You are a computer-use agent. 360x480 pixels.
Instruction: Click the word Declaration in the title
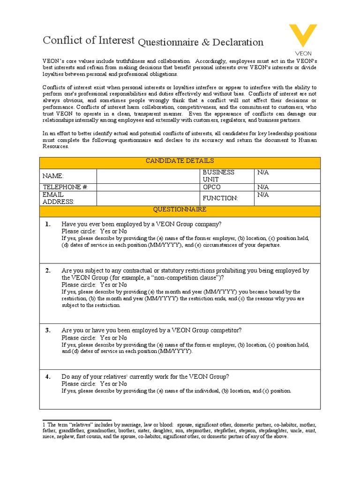tap(238, 42)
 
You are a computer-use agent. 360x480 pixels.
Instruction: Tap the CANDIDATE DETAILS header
tap(180, 161)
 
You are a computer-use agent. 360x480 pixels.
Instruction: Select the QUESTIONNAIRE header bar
tap(180, 210)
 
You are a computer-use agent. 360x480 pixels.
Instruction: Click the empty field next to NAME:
tap(148, 176)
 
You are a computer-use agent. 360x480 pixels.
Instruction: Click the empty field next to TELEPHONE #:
tap(148, 187)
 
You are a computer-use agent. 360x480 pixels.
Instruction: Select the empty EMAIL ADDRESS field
tap(148, 198)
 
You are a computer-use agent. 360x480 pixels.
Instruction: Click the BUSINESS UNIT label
tap(218, 176)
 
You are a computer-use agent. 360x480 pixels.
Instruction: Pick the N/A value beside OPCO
tap(263, 187)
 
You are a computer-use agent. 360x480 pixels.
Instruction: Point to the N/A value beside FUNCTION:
tap(263, 195)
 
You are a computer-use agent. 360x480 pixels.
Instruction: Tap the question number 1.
tap(48, 224)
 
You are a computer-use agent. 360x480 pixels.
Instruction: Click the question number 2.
tap(48, 270)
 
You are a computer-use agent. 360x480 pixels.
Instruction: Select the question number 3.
tap(48, 330)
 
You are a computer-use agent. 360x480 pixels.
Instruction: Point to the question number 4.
tap(48, 376)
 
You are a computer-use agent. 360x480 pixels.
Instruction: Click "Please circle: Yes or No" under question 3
tap(94, 337)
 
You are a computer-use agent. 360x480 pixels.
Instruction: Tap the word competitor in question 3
tap(226, 330)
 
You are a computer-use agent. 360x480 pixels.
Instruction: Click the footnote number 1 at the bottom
tap(44, 424)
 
